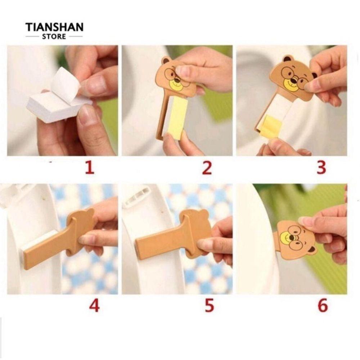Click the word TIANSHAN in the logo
pos(54,27)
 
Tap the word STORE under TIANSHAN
pos(54,36)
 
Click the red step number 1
pos(90,168)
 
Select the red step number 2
pos(207,168)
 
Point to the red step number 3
pos(321,167)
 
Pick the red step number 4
pos(94,306)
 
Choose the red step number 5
pos(209,306)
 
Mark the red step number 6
pos(323,306)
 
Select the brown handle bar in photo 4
pos(47,252)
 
